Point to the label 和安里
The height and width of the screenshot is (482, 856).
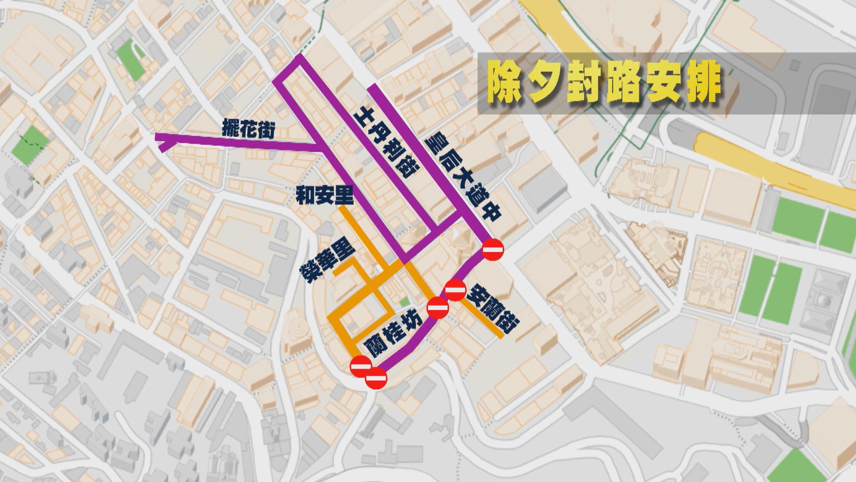pos(325,196)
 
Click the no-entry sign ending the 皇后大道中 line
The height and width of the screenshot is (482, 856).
pos(493,249)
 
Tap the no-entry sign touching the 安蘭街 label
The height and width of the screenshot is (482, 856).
pos(455,291)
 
